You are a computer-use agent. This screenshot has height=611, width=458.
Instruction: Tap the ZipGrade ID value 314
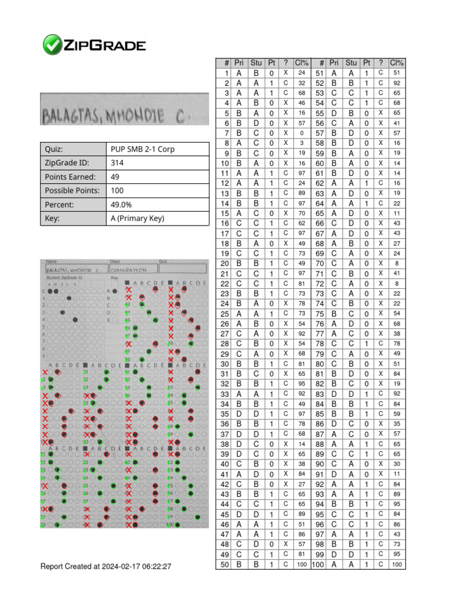click(x=117, y=163)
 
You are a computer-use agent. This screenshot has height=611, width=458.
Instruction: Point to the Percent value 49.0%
click(x=120, y=205)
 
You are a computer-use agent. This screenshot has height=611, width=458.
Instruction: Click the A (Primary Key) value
click(x=137, y=218)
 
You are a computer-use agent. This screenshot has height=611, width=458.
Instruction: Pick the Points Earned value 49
click(x=116, y=177)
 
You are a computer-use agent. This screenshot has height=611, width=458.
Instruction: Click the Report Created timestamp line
click(x=106, y=566)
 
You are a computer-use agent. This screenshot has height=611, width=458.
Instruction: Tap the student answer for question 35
click(x=256, y=413)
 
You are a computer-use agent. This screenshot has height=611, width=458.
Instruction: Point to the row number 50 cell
click(x=224, y=564)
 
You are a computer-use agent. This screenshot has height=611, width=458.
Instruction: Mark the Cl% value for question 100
click(x=397, y=564)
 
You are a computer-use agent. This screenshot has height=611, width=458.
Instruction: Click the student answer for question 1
click(x=256, y=73)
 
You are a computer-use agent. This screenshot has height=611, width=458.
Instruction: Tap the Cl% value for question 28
click(x=302, y=344)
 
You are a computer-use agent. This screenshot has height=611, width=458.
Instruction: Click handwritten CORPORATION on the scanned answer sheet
click(x=125, y=269)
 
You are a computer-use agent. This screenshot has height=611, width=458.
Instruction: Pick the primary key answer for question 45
click(x=239, y=514)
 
